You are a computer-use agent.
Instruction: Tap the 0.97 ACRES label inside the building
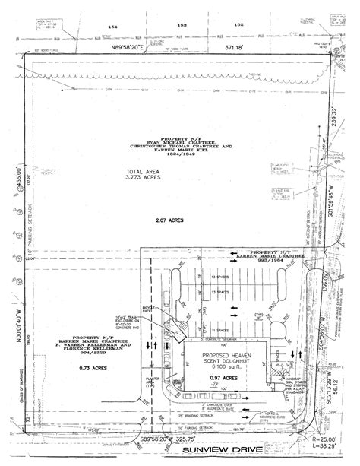(225, 378)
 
